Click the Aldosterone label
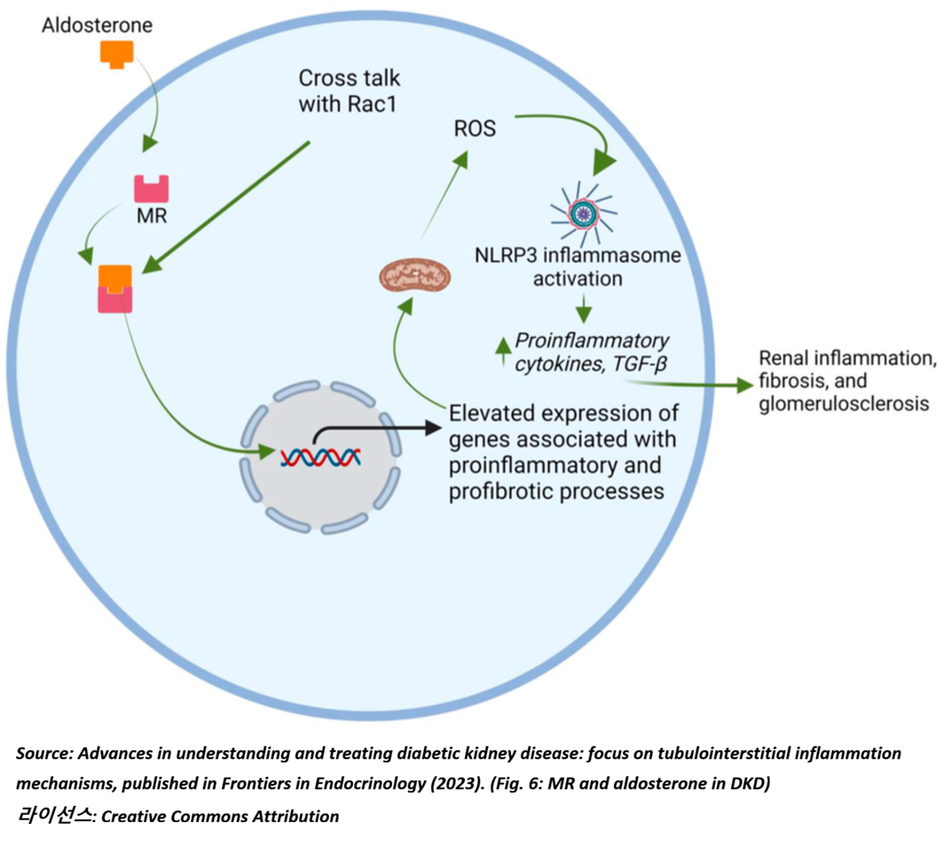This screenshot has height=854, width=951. [x=98, y=25]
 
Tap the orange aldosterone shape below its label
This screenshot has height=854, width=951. [x=116, y=55]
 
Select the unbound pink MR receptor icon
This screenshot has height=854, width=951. [x=151, y=189]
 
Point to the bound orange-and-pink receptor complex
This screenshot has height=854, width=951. [x=115, y=288]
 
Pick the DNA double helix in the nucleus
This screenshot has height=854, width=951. [x=320, y=457]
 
